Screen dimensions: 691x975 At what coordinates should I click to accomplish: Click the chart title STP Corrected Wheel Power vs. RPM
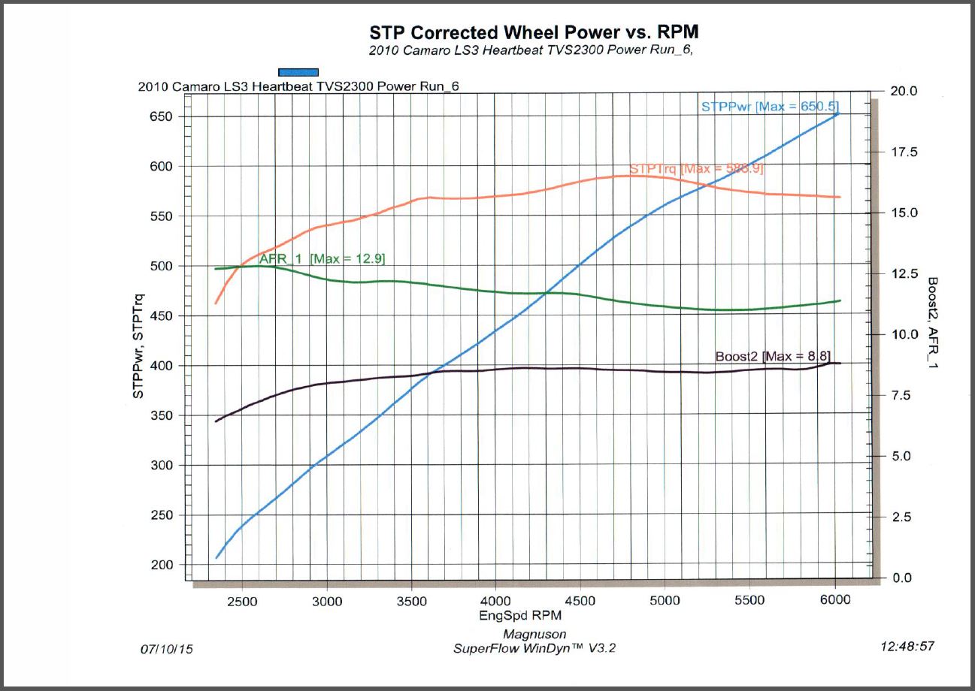534,33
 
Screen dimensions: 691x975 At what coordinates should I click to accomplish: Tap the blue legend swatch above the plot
298,72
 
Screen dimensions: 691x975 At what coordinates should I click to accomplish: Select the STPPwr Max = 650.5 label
770,107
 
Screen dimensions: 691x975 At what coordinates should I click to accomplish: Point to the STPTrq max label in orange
696,169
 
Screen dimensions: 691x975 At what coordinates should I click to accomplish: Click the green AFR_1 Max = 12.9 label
322,258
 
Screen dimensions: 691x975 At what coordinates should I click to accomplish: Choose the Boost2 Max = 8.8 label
772,356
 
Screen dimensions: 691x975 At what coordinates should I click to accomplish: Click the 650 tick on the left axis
161,117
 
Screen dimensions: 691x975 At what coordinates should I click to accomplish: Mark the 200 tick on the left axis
161,565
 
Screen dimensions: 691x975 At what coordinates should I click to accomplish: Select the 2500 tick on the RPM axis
241,600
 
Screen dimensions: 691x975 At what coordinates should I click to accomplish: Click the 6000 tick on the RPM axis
835,600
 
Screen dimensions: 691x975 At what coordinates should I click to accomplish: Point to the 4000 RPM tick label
496,600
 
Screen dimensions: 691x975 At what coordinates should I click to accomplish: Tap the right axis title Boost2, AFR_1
933,324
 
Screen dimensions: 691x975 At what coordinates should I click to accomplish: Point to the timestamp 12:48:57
907,646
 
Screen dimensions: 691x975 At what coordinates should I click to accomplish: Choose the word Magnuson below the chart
534,635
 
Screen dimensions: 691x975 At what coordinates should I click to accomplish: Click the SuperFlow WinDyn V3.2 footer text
534,648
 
